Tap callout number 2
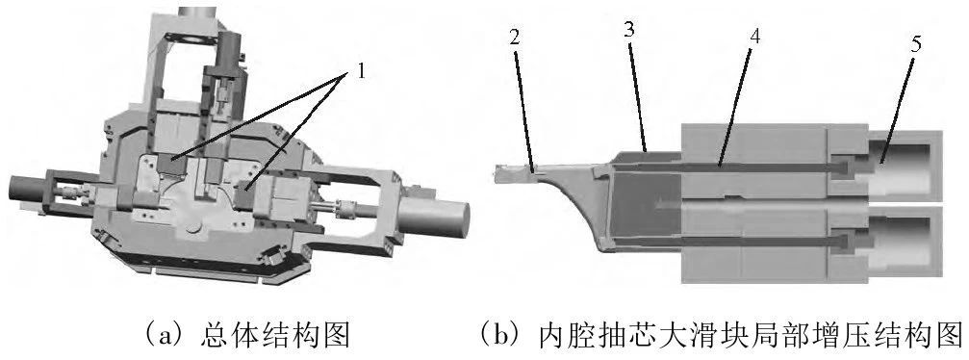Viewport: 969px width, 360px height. tap(516, 38)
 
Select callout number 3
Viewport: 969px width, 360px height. tap(629, 31)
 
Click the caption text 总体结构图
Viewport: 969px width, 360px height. tap(275, 336)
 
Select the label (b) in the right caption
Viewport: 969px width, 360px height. tap(503, 336)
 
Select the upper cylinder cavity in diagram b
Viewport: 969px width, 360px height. tap(905, 166)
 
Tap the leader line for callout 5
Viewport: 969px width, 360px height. tap(898, 109)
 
